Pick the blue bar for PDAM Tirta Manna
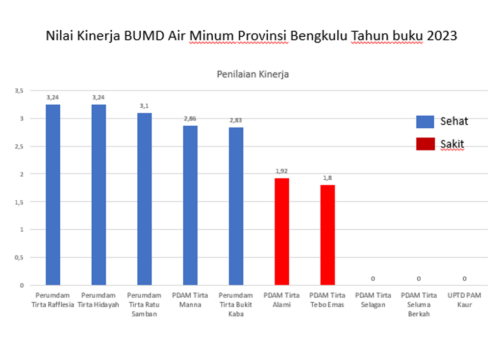tap(190, 205)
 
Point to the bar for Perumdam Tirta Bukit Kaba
tap(236, 206)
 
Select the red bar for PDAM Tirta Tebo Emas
tap(327, 235)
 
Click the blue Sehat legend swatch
tap(425, 121)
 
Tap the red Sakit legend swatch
tap(425, 144)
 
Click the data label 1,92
tap(282, 171)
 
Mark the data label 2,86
tap(190, 119)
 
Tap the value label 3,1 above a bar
tap(145, 106)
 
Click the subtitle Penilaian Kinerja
tap(252, 74)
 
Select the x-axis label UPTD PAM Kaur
tap(465, 300)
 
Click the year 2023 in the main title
tap(440, 36)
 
